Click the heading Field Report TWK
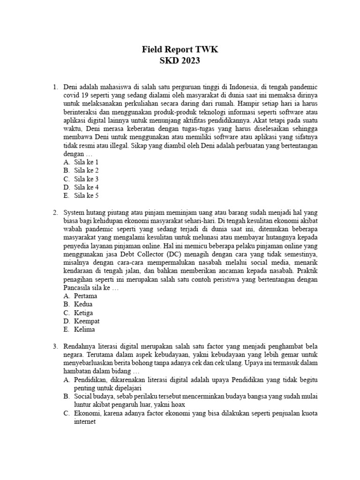pos(180,50)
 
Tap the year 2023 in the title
pos(191,61)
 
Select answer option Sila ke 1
pos(86,162)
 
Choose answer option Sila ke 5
pos(86,195)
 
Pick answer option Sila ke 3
pos(86,179)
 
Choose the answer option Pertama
pos(86,296)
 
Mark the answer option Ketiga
pos(83,313)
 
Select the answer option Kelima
pos(84,330)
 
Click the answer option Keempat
pos(87,322)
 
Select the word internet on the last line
pos(85,421)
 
